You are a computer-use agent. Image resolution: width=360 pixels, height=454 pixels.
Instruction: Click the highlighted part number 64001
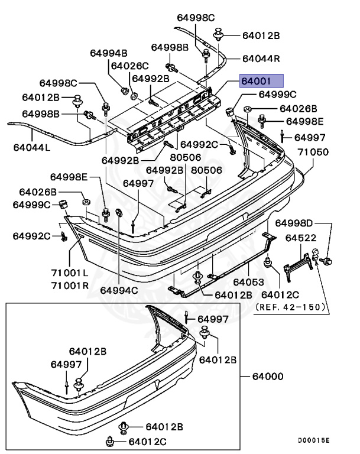(x=261, y=81)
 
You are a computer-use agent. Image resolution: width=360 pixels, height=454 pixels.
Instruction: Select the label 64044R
(x=261, y=59)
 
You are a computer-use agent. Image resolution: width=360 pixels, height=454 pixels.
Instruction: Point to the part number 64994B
(x=108, y=53)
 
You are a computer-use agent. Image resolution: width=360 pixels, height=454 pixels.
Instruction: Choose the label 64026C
(x=129, y=66)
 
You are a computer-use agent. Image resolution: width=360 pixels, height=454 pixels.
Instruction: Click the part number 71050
(x=313, y=152)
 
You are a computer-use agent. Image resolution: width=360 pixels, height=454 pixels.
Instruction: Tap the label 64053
(x=247, y=283)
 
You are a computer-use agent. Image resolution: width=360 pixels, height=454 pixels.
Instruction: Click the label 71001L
(x=69, y=273)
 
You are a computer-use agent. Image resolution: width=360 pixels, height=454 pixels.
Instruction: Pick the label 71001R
(x=69, y=285)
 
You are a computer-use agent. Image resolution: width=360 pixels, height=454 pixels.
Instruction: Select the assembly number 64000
(x=268, y=376)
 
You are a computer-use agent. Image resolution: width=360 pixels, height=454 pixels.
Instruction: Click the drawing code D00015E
(x=314, y=440)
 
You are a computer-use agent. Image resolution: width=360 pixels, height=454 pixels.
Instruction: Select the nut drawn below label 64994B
(x=125, y=90)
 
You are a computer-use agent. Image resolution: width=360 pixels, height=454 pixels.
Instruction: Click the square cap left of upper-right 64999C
(x=231, y=110)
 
